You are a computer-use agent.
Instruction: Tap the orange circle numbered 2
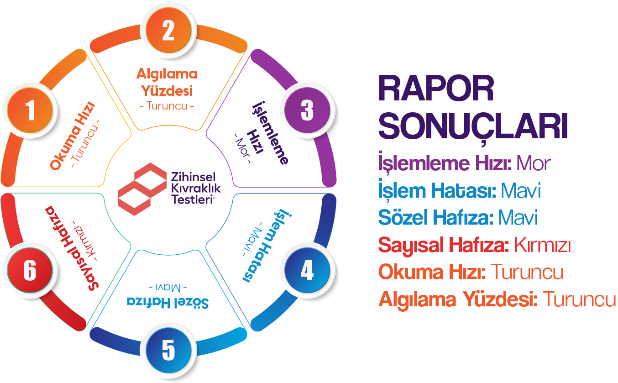click(168, 31)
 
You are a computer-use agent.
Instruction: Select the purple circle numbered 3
click(307, 110)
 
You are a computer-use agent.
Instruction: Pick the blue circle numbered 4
click(307, 271)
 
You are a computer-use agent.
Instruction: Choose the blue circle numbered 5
click(168, 351)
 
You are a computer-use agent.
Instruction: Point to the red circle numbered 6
click(30, 271)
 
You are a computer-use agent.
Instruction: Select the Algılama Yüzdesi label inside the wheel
click(167, 82)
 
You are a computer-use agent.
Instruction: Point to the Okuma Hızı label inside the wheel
click(73, 136)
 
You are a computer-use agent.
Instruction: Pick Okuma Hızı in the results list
click(431, 273)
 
